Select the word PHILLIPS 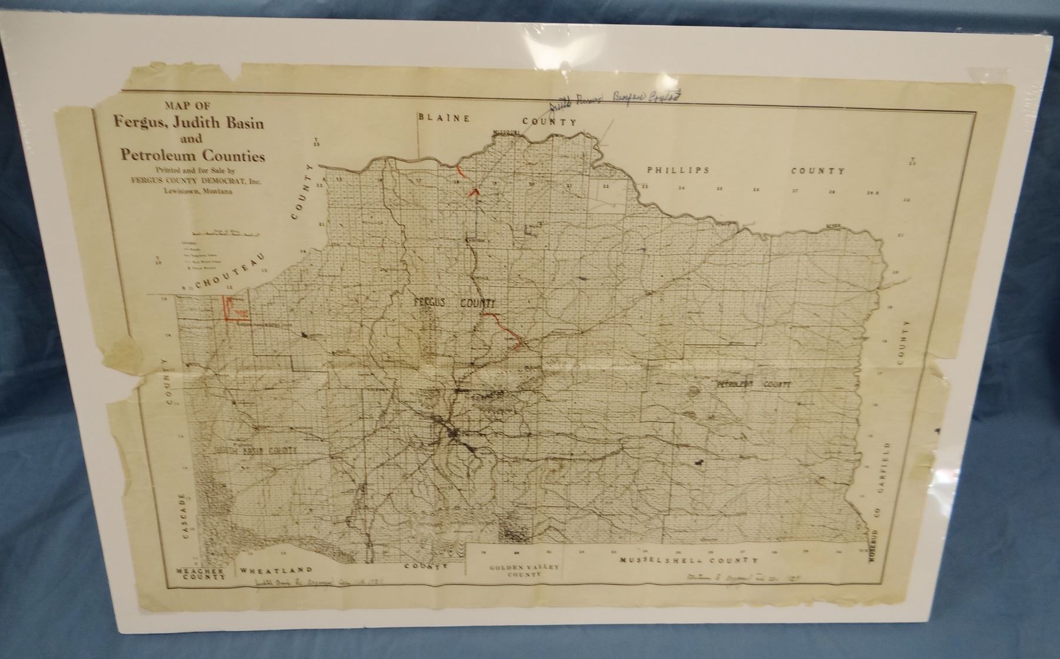pos(677,169)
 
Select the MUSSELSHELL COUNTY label pos(688,561)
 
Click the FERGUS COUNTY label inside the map pos(453,302)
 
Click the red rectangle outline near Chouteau pos(234,308)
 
